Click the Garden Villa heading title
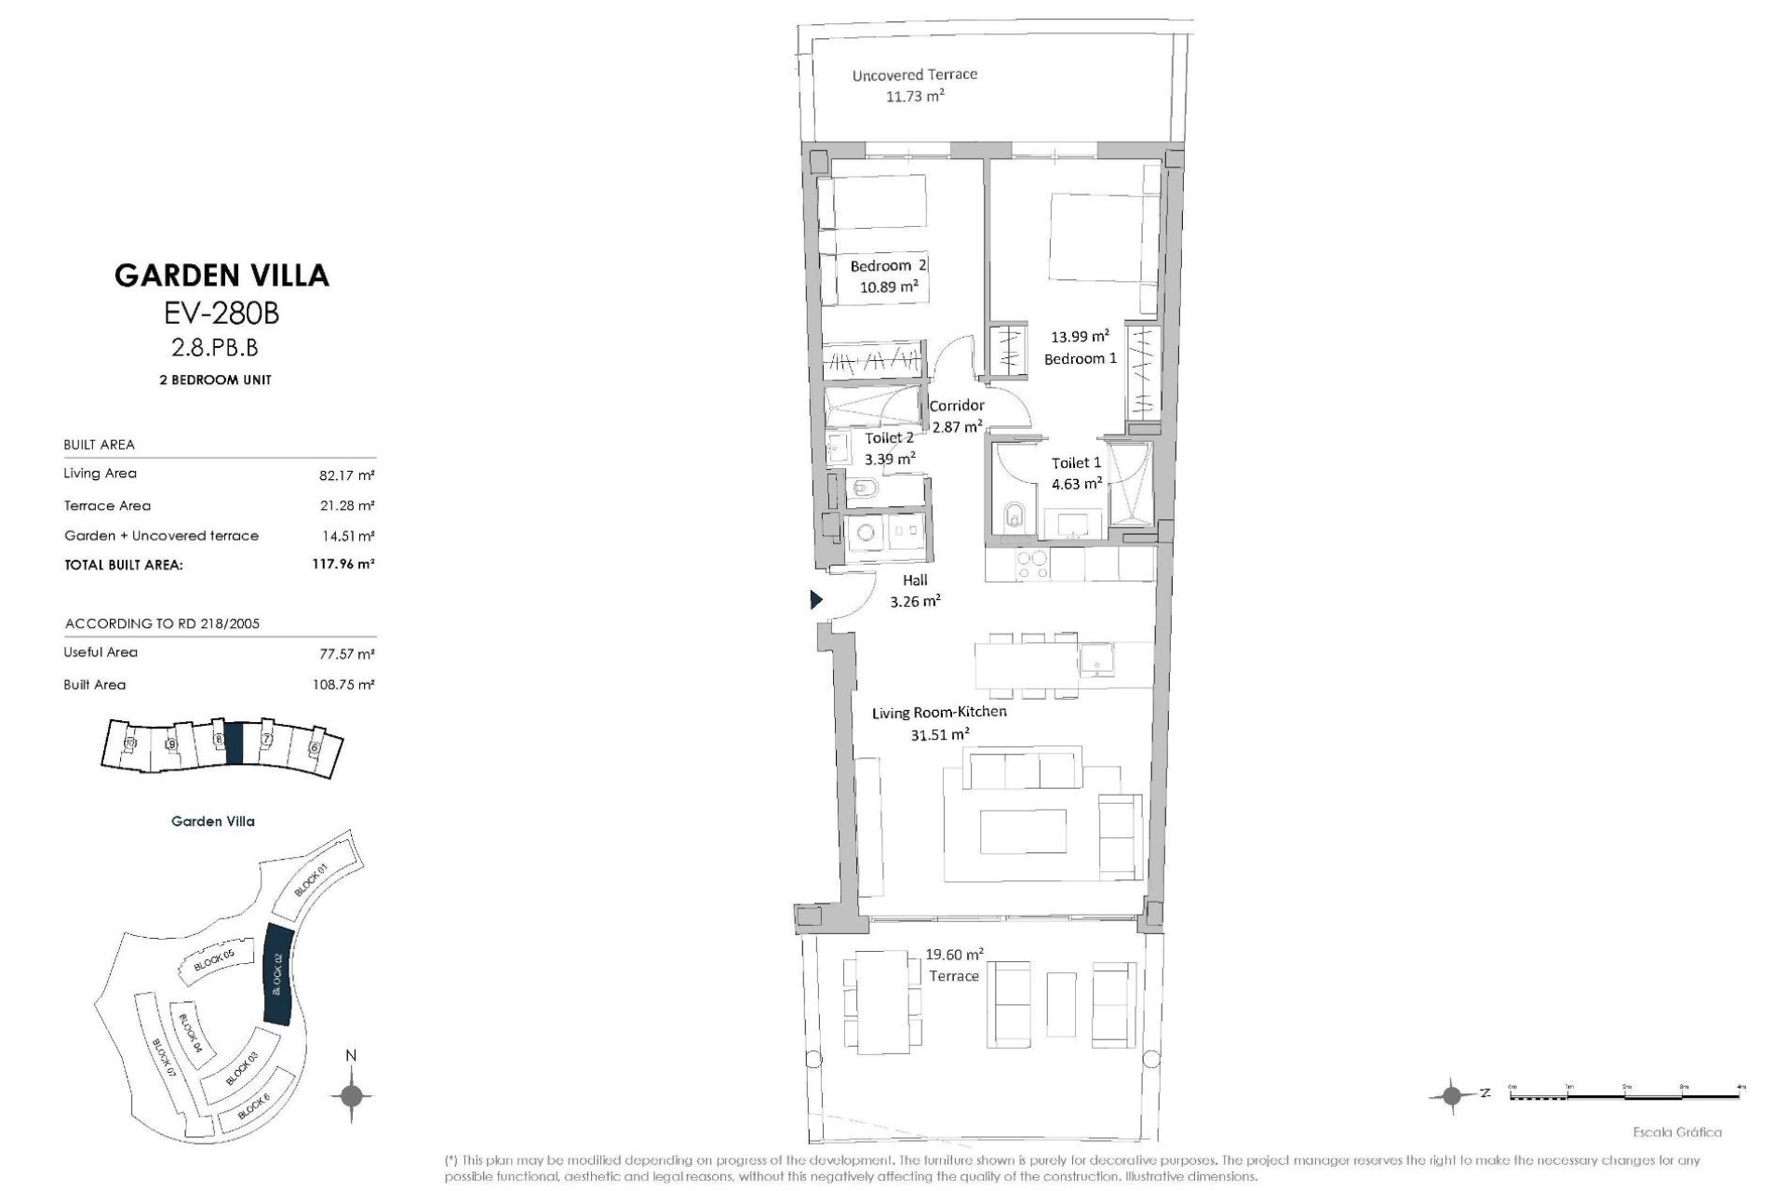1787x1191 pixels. tap(222, 275)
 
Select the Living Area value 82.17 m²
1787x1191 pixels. tap(346, 475)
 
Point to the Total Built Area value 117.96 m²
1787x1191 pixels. tap(343, 564)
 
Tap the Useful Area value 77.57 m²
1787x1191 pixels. tap(346, 654)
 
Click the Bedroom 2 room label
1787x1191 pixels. tap(888, 266)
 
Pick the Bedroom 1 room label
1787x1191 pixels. tap(1080, 359)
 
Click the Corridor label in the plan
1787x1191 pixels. tap(957, 406)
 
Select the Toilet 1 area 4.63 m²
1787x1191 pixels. tap(1077, 484)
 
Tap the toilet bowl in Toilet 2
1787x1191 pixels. tap(863, 488)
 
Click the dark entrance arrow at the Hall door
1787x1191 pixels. tap(816, 600)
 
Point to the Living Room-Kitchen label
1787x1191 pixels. tap(939, 713)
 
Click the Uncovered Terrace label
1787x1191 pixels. tap(915, 74)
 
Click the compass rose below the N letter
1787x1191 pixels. tap(351, 1095)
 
